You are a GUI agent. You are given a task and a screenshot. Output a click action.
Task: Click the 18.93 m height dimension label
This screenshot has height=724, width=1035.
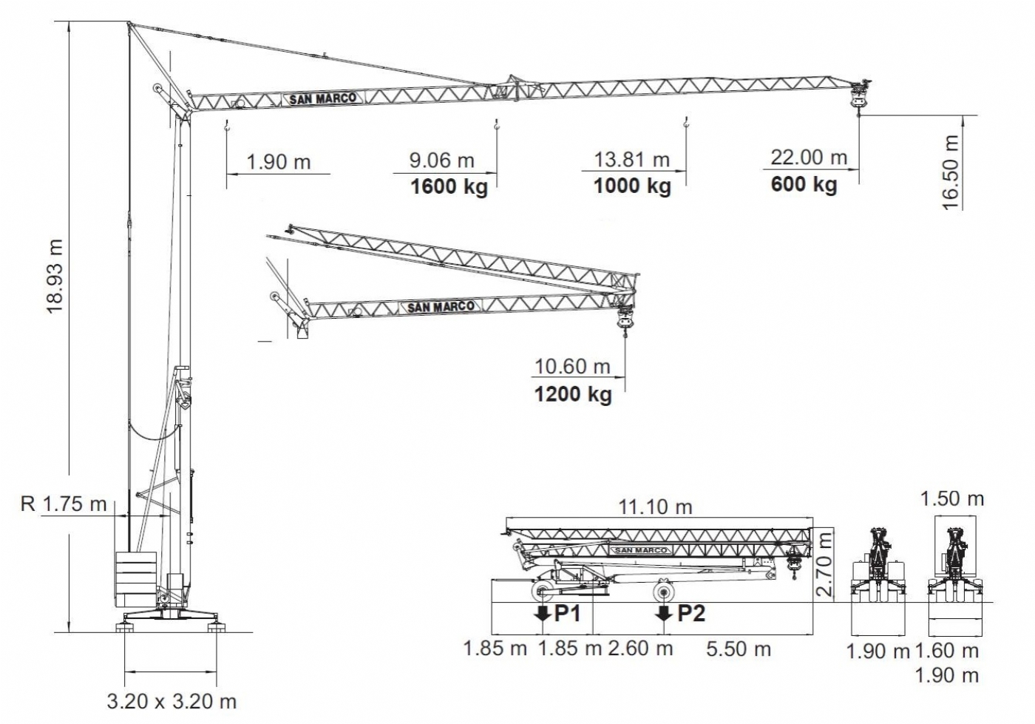pyautogui.click(x=55, y=277)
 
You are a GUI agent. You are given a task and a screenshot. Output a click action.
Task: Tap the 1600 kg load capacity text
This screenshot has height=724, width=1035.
pyautogui.click(x=449, y=187)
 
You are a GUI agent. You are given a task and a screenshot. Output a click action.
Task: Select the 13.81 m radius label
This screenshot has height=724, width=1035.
pyautogui.click(x=631, y=160)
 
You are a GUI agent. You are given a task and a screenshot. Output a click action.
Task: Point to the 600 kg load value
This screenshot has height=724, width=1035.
pyautogui.click(x=804, y=184)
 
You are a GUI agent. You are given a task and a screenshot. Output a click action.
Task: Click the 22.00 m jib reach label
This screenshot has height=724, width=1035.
pyautogui.click(x=809, y=158)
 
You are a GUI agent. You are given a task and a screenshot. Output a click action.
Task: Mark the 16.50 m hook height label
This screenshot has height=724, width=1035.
pyautogui.click(x=950, y=172)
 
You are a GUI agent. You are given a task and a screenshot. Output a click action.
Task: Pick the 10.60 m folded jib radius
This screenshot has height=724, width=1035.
pyautogui.click(x=572, y=367)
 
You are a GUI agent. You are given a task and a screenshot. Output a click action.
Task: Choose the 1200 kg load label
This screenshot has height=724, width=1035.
pyautogui.click(x=573, y=394)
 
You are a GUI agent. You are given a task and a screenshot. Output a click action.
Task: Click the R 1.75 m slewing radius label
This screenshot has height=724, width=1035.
pyautogui.click(x=64, y=504)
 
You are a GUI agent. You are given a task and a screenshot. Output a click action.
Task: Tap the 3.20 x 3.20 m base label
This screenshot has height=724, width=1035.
pyautogui.click(x=172, y=702)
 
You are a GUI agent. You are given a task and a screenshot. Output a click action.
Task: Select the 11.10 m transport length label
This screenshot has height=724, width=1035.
pyautogui.click(x=655, y=507)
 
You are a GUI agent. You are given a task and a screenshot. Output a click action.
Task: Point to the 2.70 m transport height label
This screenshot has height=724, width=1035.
pyautogui.click(x=825, y=563)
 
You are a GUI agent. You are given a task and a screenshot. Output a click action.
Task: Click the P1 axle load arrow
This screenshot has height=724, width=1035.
pyautogui.click(x=542, y=613)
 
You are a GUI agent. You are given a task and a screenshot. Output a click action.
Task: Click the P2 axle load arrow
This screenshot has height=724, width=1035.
pyautogui.click(x=664, y=613)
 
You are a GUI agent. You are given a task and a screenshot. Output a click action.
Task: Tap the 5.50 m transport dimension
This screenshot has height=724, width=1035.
pyautogui.click(x=739, y=649)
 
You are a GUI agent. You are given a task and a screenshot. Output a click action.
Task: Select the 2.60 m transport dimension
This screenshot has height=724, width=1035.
pyautogui.click(x=640, y=648)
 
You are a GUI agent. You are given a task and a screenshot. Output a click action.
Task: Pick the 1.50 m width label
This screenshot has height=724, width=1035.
pyautogui.click(x=952, y=499)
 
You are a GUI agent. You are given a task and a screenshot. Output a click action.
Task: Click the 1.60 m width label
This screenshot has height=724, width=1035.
pyautogui.click(x=947, y=651)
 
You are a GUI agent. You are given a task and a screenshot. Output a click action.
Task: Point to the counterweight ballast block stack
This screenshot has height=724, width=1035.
pyautogui.click(x=135, y=579)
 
